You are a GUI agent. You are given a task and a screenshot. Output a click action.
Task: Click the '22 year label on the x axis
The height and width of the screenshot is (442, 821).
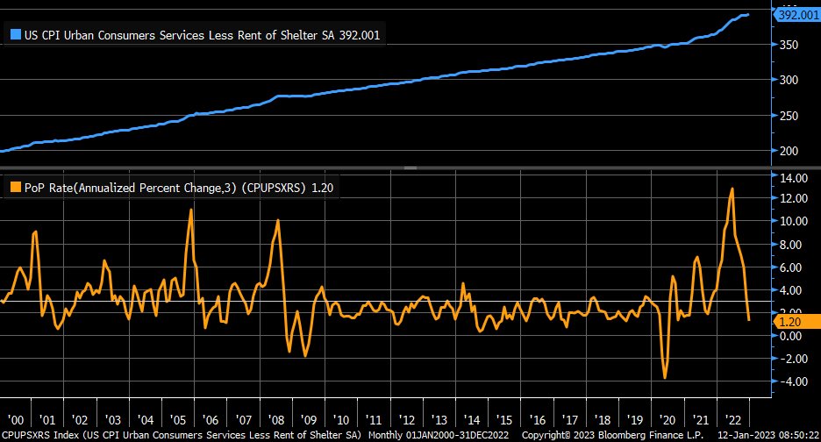(x=732, y=419)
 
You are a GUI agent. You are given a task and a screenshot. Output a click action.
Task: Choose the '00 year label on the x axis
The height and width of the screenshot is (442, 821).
(x=15, y=419)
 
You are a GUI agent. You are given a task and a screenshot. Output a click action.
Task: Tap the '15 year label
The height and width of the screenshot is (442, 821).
(x=503, y=419)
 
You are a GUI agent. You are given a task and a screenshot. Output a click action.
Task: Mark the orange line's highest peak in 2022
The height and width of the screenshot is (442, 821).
(x=732, y=189)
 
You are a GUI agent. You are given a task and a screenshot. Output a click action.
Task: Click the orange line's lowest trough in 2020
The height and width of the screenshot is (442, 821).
(x=665, y=378)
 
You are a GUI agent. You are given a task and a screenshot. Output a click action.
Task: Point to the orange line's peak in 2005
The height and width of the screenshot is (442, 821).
(x=190, y=210)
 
